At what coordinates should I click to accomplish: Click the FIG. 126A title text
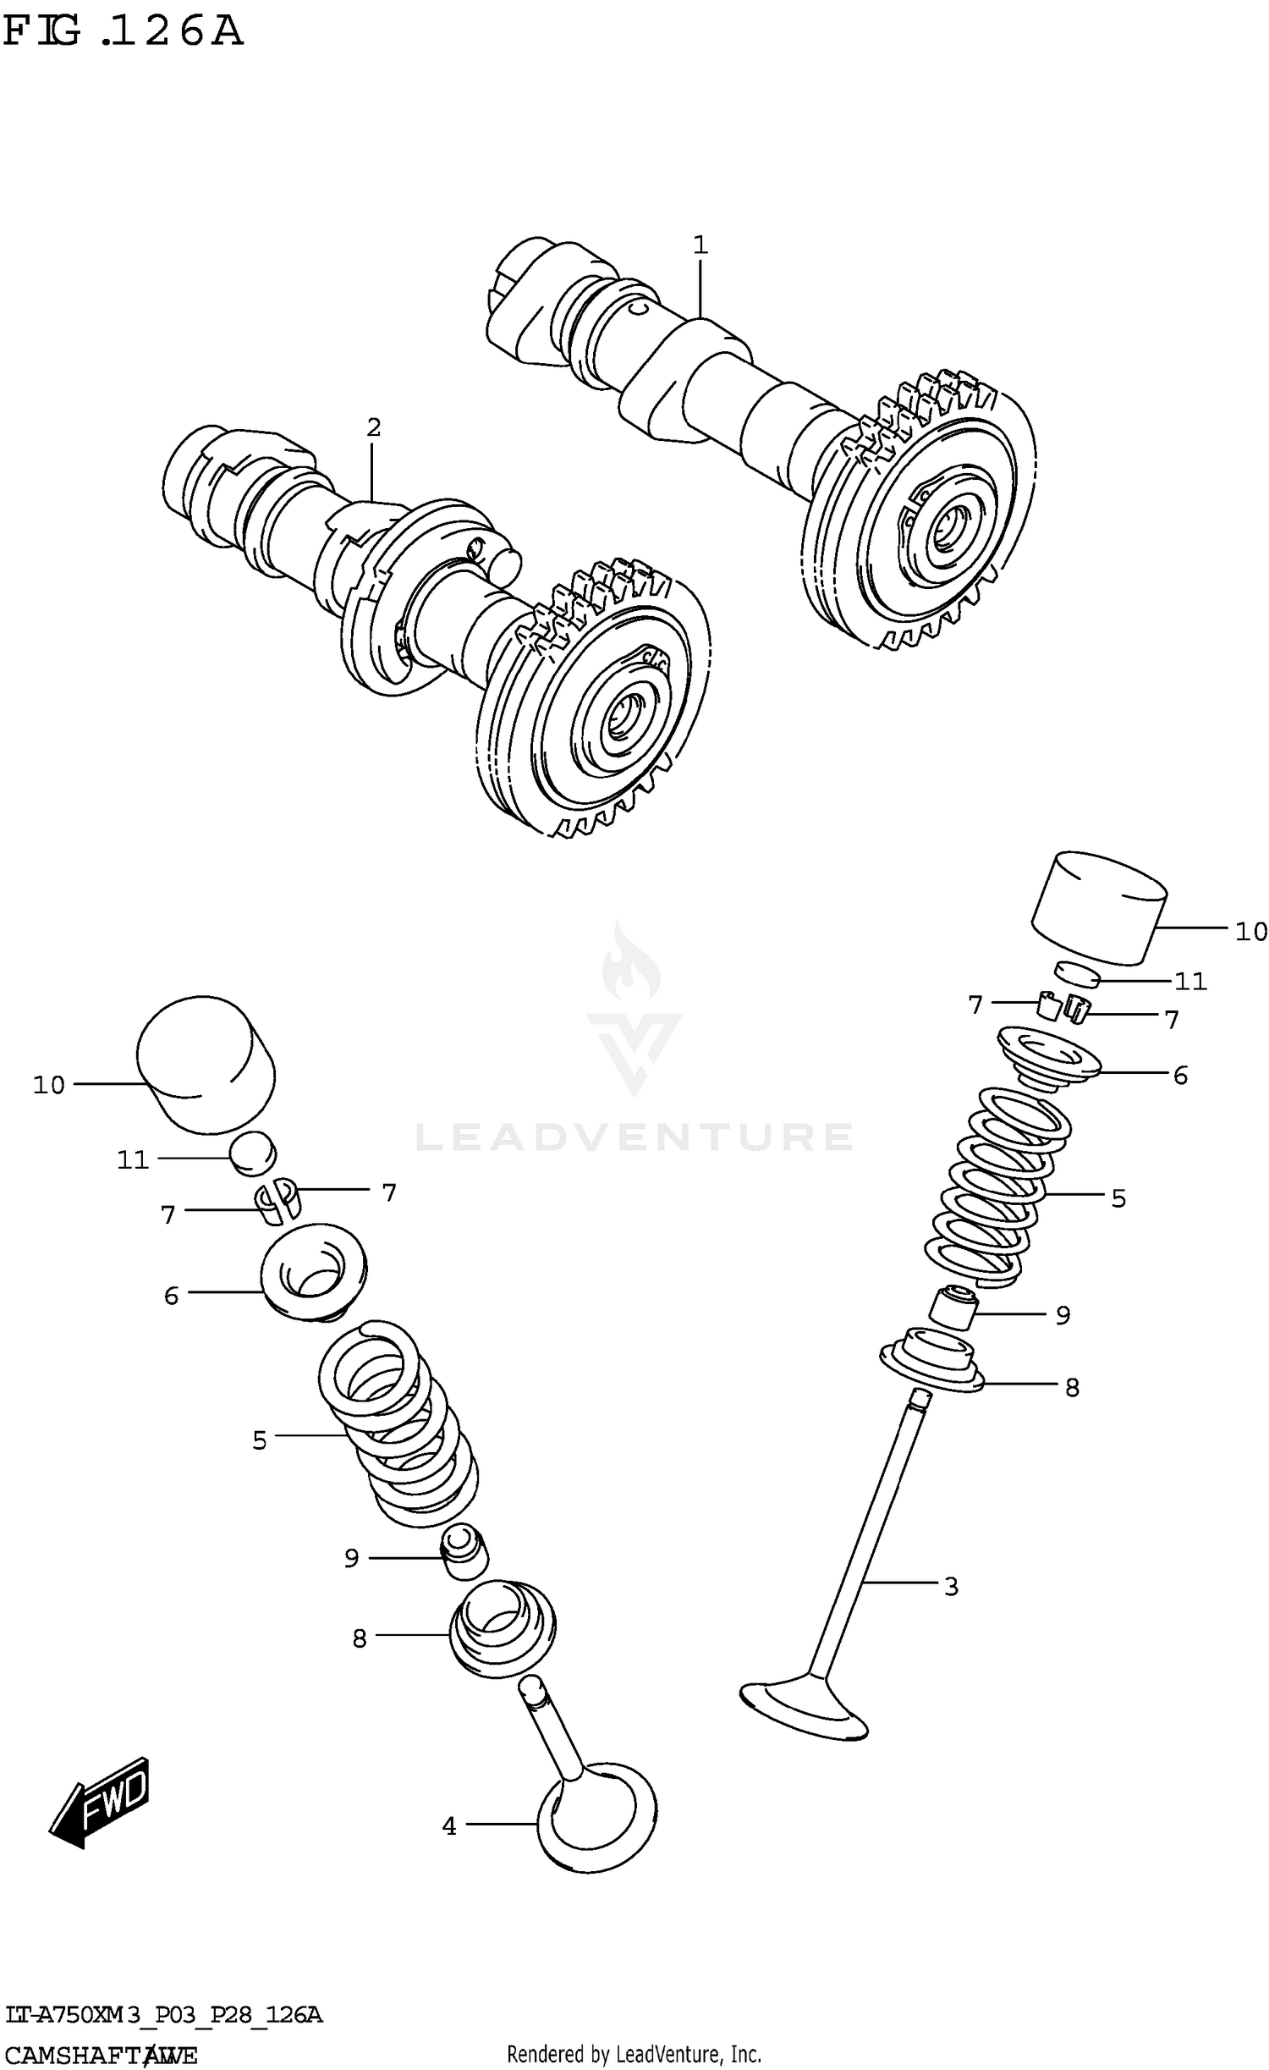[123, 32]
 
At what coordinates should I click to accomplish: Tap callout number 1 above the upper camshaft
[699, 245]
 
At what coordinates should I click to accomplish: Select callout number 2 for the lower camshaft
[373, 427]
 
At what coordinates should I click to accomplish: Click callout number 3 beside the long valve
[951, 1587]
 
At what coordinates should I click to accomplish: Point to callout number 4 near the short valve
[449, 1827]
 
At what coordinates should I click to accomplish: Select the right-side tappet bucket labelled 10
[1098, 910]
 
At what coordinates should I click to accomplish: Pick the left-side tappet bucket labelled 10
[206, 1063]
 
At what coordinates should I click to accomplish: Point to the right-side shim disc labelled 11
[1077, 974]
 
